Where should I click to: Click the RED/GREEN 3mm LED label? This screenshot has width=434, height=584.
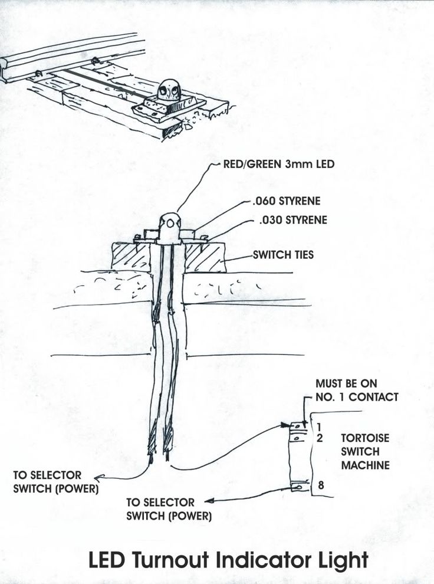pos(278,164)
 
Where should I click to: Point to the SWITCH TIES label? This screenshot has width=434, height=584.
pos(283,255)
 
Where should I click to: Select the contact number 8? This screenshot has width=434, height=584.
pos(320,486)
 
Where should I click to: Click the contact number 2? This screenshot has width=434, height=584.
pos(319,438)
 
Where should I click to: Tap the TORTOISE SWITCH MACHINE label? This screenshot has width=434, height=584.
pos(365,452)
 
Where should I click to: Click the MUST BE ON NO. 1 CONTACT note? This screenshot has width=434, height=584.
pos(356,391)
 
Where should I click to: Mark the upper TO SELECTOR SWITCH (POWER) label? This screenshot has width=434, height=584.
pos(56,482)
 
